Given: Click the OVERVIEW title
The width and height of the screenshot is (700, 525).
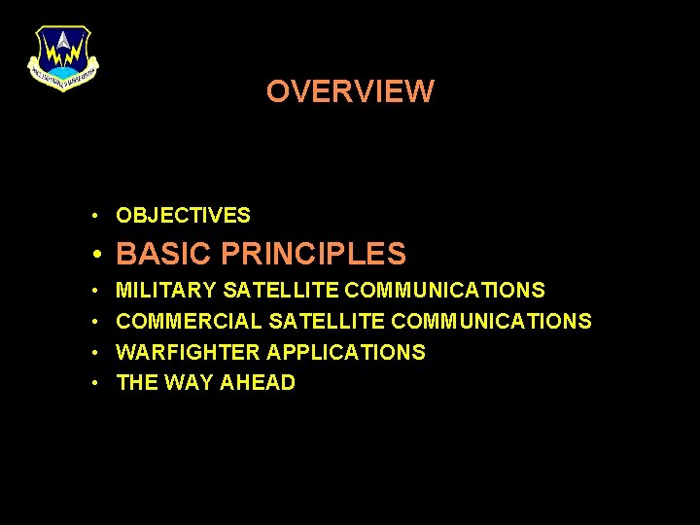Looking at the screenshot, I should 350,91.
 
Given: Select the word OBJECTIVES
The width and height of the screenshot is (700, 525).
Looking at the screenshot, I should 183,216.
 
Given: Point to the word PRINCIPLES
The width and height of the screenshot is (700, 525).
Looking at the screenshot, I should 313,255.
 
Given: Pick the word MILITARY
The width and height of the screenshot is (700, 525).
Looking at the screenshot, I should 166,290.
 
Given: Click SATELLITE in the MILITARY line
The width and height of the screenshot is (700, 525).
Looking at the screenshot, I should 281,290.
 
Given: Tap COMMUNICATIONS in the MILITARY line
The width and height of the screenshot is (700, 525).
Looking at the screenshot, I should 444,290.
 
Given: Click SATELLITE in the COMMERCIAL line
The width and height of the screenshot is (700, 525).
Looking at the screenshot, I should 328,321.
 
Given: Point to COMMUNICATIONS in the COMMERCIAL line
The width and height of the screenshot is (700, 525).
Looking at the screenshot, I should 491,321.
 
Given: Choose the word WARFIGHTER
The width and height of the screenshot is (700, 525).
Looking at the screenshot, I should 188,352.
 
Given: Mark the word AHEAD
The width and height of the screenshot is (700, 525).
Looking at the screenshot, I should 258,383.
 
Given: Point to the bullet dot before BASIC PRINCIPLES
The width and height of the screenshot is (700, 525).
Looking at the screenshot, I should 98,256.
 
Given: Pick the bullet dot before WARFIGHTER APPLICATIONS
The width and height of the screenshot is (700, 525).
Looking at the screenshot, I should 98,353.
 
